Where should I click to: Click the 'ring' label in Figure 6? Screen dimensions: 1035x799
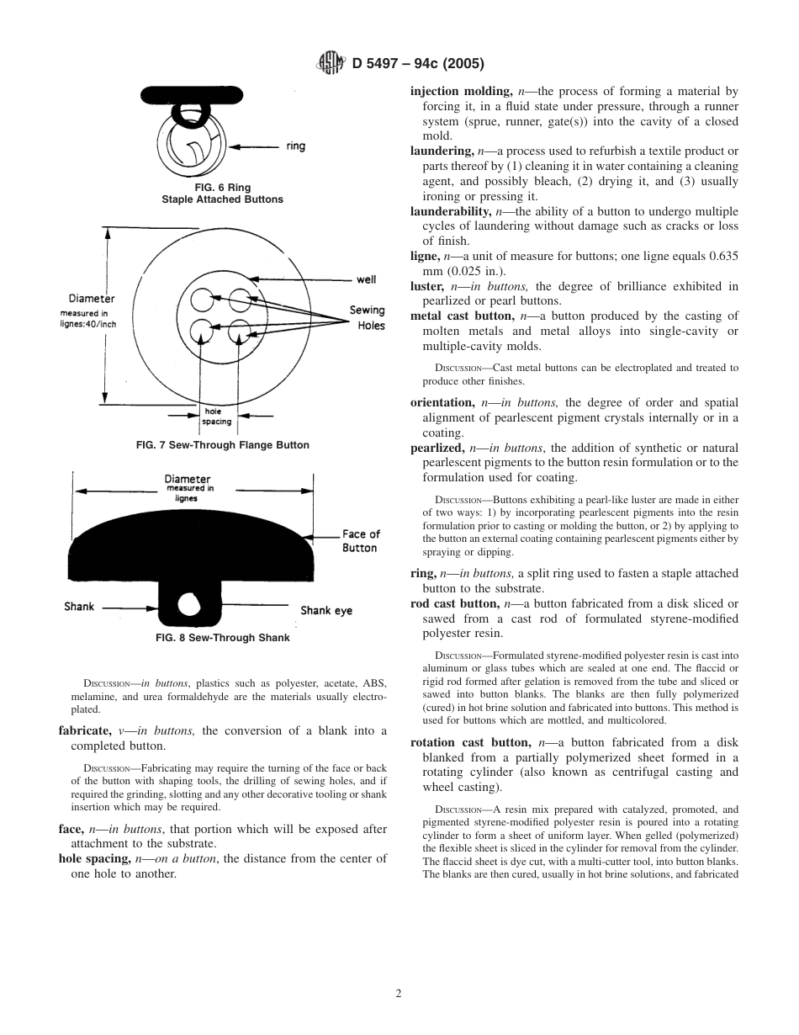pos(296,146)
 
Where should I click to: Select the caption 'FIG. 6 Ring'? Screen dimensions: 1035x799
pos(222,188)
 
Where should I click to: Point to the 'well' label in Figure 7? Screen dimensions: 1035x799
pos(366,279)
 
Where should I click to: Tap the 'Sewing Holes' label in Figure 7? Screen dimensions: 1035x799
pos(368,318)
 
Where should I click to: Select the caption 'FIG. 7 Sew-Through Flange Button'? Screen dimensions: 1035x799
pos(222,445)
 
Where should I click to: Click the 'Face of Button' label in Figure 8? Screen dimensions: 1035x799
pos(360,541)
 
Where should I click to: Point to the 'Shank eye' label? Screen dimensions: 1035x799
pos(326,610)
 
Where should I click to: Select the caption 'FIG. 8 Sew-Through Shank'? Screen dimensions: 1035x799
pos(222,638)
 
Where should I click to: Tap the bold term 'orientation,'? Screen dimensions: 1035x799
pos(442,403)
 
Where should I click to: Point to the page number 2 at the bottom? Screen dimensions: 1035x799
pos(399,993)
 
